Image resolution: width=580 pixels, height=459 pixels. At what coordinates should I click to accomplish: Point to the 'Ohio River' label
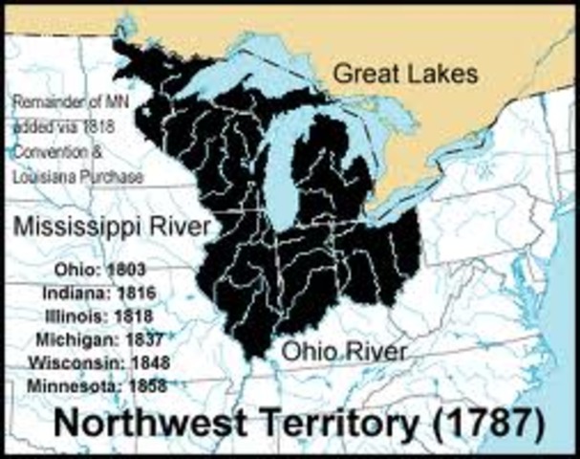click(x=344, y=351)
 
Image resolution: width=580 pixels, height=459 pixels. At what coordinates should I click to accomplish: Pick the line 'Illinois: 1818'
click(x=100, y=314)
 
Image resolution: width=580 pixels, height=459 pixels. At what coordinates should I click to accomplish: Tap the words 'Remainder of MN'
click(x=69, y=105)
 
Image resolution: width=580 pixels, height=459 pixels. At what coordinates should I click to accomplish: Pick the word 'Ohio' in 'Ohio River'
click(x=305, y=351)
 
